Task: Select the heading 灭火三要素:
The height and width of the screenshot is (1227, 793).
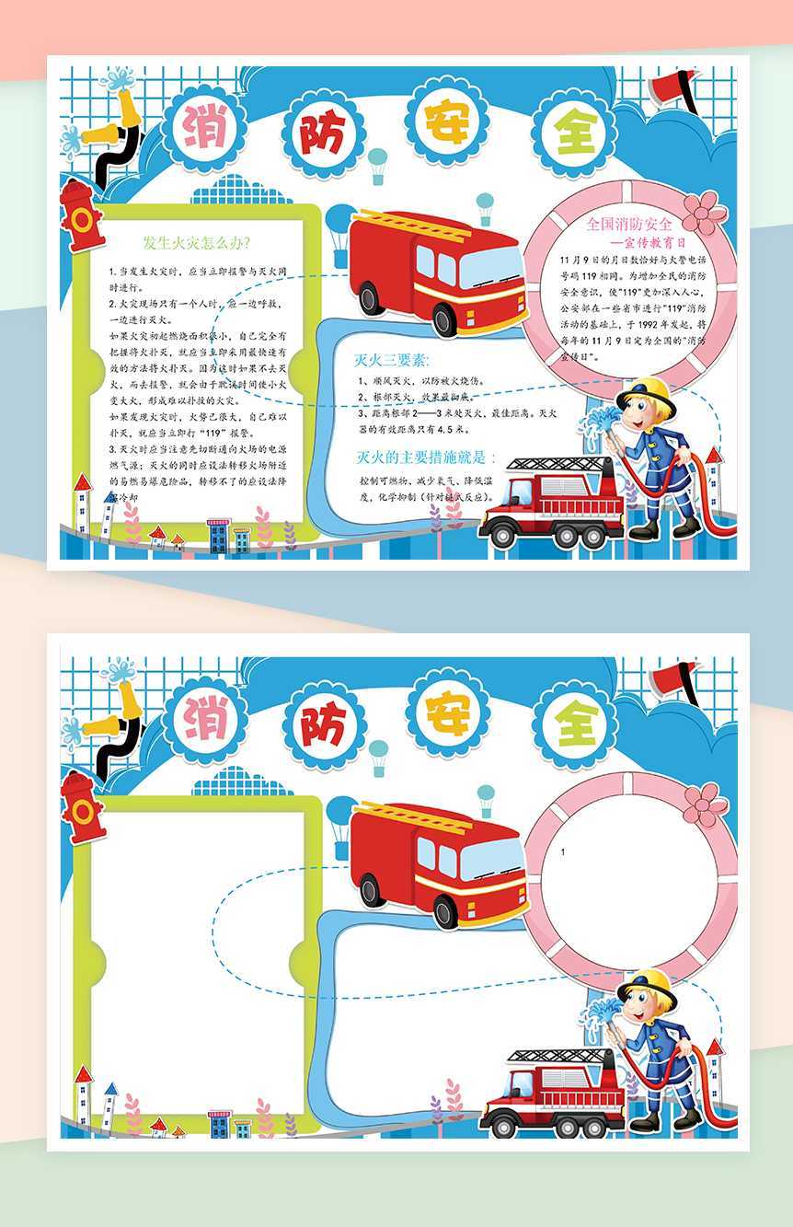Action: coord(392,359)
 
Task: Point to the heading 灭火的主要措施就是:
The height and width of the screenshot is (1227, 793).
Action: coord(425,457)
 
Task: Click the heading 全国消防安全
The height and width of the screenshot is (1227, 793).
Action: coord(629,223)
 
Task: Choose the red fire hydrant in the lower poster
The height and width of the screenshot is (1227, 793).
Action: coord(81,806)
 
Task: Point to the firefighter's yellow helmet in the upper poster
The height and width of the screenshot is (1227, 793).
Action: coord(646,392)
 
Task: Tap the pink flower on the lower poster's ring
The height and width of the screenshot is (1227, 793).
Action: coord(705,802)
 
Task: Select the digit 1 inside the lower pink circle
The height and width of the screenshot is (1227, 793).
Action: coord(563,853)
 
